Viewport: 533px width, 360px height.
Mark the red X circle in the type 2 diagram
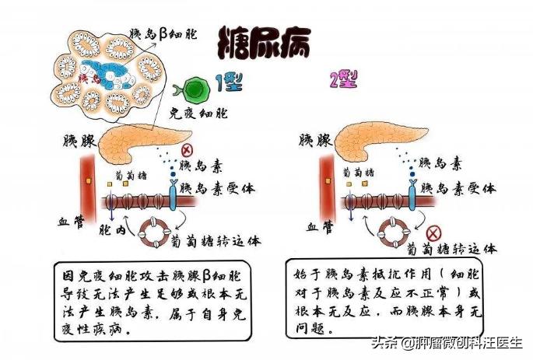[x=434, y=232]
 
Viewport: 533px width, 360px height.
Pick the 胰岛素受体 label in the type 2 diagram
[x=457, y=188]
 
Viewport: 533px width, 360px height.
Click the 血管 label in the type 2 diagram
[x=321, y=226]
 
